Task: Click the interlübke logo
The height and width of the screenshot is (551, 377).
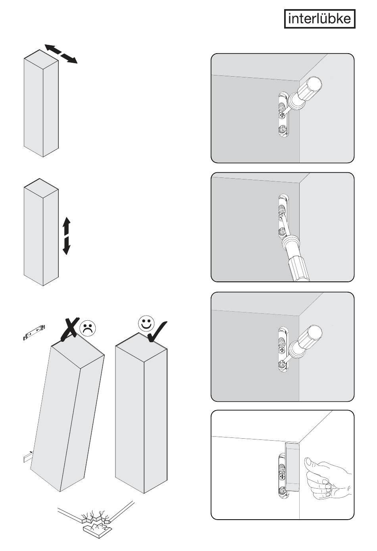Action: [x=319, y=19]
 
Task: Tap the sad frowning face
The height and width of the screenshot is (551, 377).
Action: [x=88, y=328]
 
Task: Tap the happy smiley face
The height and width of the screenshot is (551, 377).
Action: [x=146, y=323]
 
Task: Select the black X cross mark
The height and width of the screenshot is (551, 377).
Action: [x=70, y=330]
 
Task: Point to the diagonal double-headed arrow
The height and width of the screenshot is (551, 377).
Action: [x=61, y=54]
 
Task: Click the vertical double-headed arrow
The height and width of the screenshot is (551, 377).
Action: [x=67, y=236]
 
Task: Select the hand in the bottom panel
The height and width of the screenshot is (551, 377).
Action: [x=326, y=479]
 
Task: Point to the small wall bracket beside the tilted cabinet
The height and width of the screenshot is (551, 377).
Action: [x=33, y=332]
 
